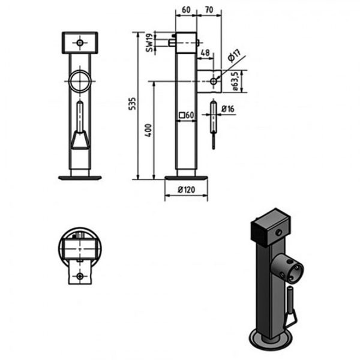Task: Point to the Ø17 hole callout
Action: [234, 59]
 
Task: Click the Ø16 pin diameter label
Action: [227, 109]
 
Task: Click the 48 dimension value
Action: [205, 53]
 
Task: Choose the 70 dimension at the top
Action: [209, 10]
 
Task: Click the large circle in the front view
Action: [79, 81]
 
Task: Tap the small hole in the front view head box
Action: [80, 43]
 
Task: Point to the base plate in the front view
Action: [80, 177]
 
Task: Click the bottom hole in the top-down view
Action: [80, 277]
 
